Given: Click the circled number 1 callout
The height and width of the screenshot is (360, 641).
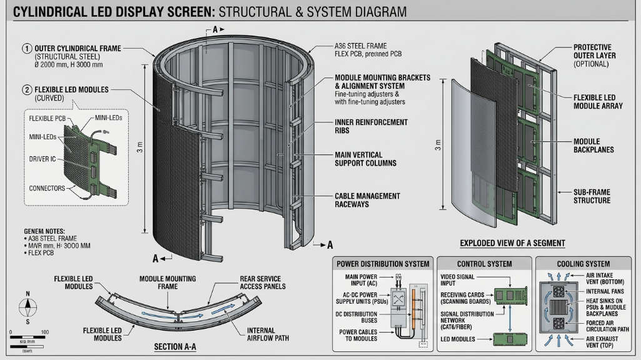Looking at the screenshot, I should coord(27,48).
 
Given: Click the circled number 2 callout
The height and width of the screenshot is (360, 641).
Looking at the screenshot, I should coord(27,89).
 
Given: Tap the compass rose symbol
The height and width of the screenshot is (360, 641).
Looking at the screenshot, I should coord(27,307).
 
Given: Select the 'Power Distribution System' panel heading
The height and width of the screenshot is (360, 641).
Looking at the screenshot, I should coord(383,264).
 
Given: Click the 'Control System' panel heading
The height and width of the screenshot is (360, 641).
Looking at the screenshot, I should coord(484,264).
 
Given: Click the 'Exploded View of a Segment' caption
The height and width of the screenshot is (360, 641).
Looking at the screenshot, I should coord(512,243).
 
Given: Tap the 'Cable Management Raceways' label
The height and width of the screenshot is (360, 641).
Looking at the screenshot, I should coord(367,200).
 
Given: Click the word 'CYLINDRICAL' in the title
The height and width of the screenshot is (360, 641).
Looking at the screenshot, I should coord(50,12).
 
